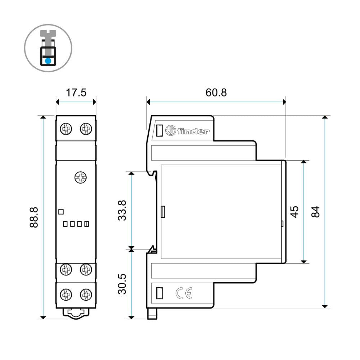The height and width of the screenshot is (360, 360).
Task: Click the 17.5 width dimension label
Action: pyautogui.click(x=76, y=93)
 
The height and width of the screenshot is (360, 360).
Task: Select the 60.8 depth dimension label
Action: pyautogui.click(x=216, y=93)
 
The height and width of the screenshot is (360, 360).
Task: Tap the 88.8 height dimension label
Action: pyautogui.click(x=34, y=217)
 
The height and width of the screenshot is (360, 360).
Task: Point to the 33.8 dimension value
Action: pyautogui.click(x=122, y=210)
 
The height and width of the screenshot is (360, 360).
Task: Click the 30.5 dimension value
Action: pyautogui.click(x=122, y=284)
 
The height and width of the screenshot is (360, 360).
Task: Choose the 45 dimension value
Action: pyautogui.click(x=294, y=212)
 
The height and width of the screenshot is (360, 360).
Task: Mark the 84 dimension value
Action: pyautogui.click(x=315, y=212)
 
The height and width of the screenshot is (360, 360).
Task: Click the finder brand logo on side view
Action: pyautogui.click(x=187, y=131)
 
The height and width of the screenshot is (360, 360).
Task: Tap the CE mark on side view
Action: pyautogui.click(x=184, y=293)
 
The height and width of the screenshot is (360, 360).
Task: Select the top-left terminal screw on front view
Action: pyautogui.click(x=66, y=128)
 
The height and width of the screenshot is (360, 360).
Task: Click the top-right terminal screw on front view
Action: pyautogui.click(x=86, y=128)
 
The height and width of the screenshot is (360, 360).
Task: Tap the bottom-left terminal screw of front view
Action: pyautogui.click(x=66, y=294)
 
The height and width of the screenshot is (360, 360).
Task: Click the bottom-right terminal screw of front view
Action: pyautogui.click(x=86, y=294)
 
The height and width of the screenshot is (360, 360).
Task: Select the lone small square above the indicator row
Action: pyautogui.click(x=61, y=212)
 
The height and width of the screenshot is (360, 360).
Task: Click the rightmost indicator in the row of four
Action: pyautogui.click(x=86, y=224)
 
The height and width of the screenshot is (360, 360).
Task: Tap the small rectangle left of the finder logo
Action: pyautogui.click(x=159, y=131)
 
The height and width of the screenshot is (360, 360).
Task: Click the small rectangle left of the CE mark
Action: pyautogui.click(x=159, y=293)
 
